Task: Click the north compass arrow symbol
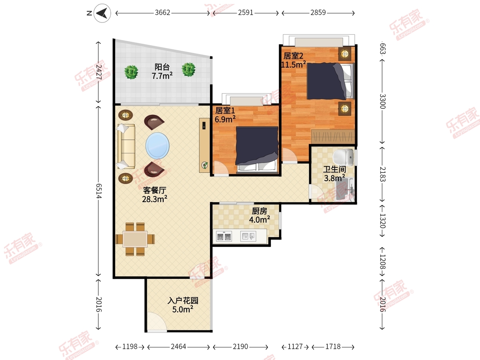click(x=102, y=13)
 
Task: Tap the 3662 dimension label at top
click(x=162, y=13)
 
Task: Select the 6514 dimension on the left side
click(x=99, y=191)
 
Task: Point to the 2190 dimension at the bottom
click(x=240, y=347)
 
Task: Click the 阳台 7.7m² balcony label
click(x=162, y=71)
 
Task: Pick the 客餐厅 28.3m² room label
click(x=155, y=194)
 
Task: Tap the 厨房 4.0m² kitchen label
click(x=260, y=215)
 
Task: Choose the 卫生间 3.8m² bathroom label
click(x=334, y=174)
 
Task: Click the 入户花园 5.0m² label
click(x=183, y=305)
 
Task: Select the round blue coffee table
click(x=158, y=146)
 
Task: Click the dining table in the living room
click(x=135, y=239)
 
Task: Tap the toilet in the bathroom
click(x=343, y=157)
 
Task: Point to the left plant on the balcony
click(x=131, y=72)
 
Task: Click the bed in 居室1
click(x=257, y=149)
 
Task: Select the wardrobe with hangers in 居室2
click(x=333, y=136)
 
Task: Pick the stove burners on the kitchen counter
click(x=224, y=236)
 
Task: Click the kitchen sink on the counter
click(x=248, y=236)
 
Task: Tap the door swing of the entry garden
click(x=156, y=321)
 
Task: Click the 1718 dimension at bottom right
click(x=333, y=347)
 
